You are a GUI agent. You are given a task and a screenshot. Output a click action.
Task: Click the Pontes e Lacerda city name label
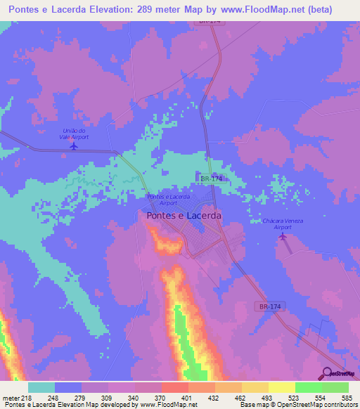click(x=184, y=216)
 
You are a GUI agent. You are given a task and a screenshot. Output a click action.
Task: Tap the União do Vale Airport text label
click(x=74, y=134)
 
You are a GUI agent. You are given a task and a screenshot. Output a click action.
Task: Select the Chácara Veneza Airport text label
click(x=282, y=224)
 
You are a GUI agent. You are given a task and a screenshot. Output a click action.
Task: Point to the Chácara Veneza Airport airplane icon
click(x=283, y=237)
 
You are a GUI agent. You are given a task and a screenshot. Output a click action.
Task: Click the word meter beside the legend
click(x=10, y=397)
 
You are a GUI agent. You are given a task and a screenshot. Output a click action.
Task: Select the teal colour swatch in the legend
click(x=41, y=387)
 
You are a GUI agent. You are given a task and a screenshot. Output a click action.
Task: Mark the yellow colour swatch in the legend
click(x=282, y=387)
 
